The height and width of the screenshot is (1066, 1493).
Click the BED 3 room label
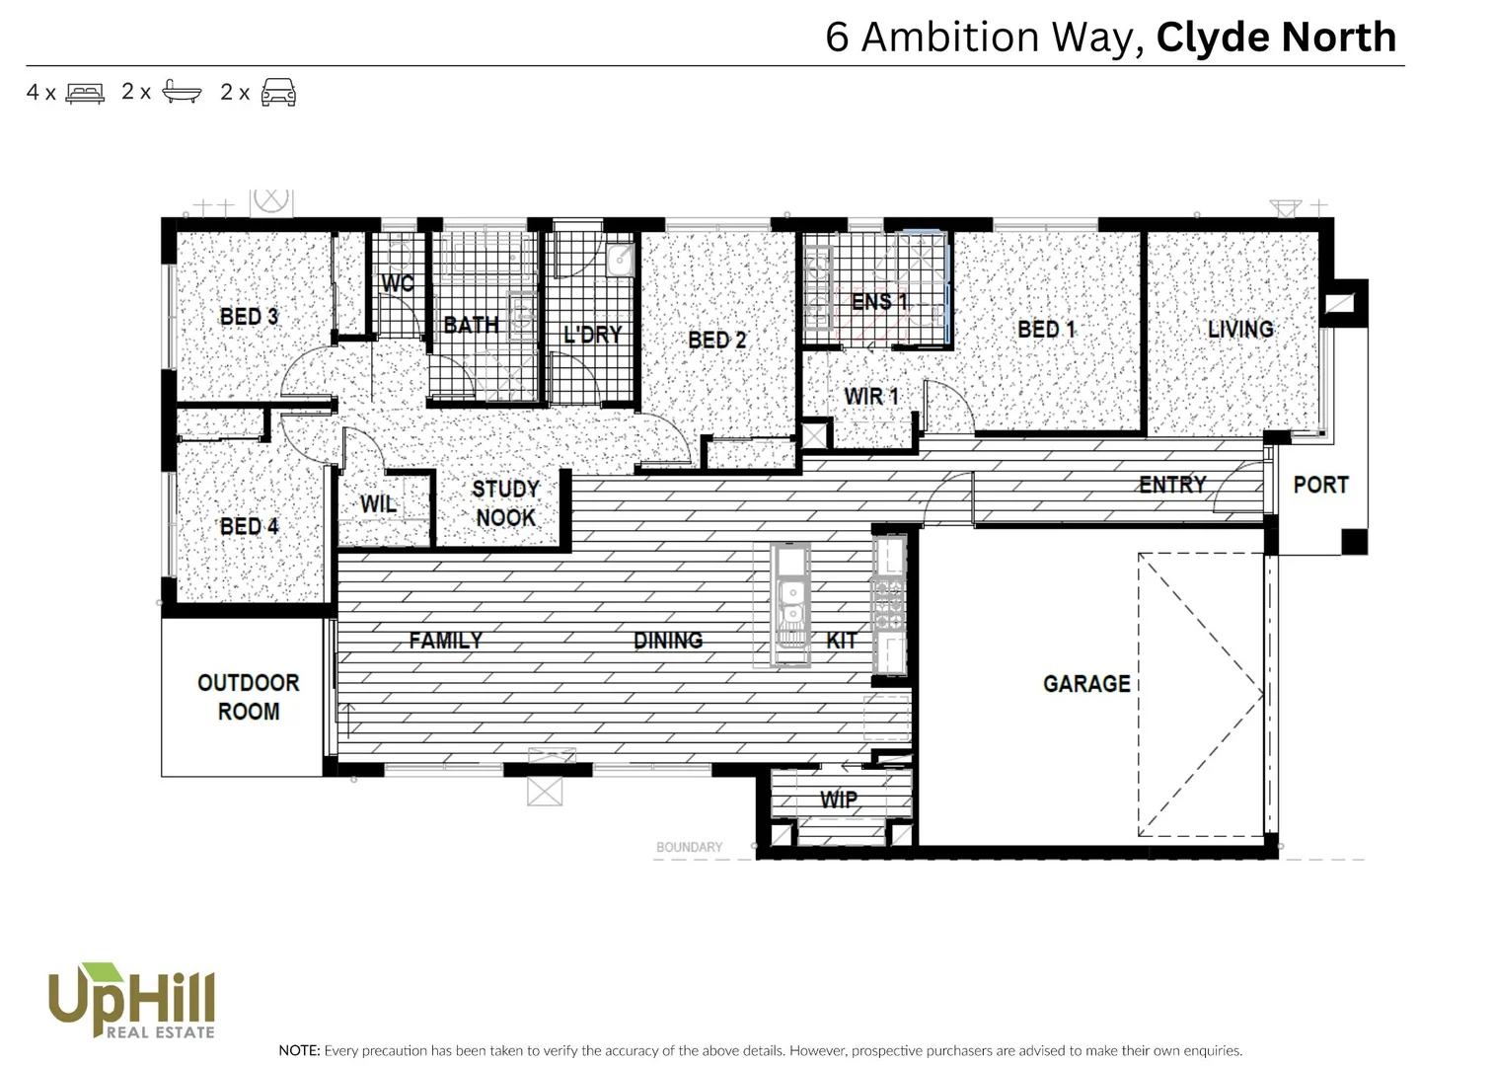pyautogui.click(x=249, y=317)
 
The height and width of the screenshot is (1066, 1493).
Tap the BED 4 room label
pyautogui.click(x=249, y=526)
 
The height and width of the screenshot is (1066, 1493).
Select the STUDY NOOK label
pyautogui.click(x=505, y=503)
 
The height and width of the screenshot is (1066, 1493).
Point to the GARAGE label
pyautogui.click(x=1086, y=683)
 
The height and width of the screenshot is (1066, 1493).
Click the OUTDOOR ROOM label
pyautogui.click(x=248, y=697)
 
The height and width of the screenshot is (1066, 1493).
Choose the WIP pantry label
pyautogui.click(x=838, y=799)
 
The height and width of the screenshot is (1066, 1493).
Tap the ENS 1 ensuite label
pyautogui.click(x=879, y=301)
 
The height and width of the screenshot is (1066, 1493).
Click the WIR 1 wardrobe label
pyautogui.click(x=871, y=397)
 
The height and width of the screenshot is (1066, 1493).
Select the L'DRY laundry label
pyautogui.click(x=592, y=335)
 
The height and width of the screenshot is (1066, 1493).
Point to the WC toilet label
pyautogui.click(x=398, y=283)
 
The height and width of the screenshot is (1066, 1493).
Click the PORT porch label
pyautogui.click(x=1320, y=485)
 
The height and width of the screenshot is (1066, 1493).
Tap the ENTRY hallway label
pyautogui.click(x=1172, y=485)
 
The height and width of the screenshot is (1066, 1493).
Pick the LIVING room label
pyautogui.click(x=1240, y=329)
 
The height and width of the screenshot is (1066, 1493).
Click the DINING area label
pyautogui.click(x=668, y=641)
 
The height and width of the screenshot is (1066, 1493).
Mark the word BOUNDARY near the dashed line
pyautogui.click(x=689, y=847)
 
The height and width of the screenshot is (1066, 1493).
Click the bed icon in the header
pyautogui.click(x=85, y=93)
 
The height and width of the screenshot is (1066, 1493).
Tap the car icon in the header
pyautogui.click(x=278, y=93)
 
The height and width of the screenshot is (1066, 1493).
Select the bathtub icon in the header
pyautogui.click(x=182, y=93)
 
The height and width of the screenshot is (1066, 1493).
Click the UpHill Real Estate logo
pyautogui.click(x=132, y=1001)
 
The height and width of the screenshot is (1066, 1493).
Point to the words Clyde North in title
pyautogui.click(x=1276, y=38)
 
